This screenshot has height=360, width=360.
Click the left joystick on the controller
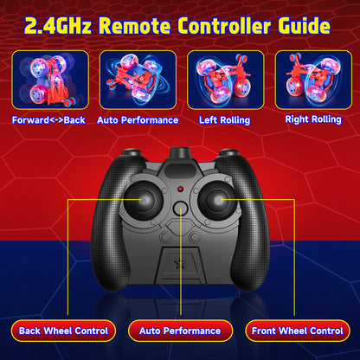(143, 200)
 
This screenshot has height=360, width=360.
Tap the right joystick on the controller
(217, 200)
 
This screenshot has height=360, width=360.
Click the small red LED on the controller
(180, 190)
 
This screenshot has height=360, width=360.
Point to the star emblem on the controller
(179, 264)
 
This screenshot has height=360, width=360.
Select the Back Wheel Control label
(63, 331)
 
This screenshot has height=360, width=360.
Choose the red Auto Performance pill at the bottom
(180, 331)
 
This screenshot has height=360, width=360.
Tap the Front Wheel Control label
(298, 331)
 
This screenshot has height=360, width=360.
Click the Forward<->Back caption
(48, 120)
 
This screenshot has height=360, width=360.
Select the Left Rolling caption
(224, 120)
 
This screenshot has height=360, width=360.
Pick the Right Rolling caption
(313, 119)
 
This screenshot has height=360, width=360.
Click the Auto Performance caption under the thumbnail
(138, 120)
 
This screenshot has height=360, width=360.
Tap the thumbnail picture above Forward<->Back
(50, 80)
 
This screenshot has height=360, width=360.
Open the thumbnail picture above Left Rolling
(226, 80)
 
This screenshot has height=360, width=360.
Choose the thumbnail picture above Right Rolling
(313, 80)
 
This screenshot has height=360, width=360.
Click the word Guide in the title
(305, 26)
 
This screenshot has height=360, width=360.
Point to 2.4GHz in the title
(58, 26)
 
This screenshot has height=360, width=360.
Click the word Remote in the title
(134, 26)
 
